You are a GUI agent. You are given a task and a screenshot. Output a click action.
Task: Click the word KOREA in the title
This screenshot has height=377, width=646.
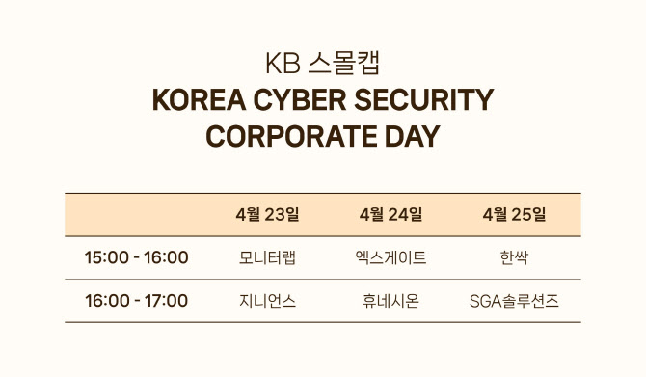point(199,99)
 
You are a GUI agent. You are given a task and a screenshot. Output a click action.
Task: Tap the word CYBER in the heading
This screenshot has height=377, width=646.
point(300,99)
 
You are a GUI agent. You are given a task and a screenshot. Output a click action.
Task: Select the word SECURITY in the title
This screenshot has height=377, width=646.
point(423,99)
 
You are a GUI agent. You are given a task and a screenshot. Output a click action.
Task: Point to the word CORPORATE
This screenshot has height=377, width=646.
point(291,136)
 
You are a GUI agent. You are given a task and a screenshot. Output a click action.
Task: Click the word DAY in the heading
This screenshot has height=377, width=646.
point(413,136)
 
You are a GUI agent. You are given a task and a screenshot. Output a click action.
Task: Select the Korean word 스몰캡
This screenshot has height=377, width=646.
point(343,64)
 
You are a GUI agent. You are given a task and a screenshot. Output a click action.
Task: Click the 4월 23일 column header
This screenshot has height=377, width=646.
point(267,215)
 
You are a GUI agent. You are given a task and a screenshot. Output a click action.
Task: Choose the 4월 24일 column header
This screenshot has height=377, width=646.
point(390,215)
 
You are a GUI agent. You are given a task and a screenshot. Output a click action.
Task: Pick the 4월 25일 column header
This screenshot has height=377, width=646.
point(514,215)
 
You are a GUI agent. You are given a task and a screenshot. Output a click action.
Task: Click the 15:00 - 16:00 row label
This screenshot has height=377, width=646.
point(136,257)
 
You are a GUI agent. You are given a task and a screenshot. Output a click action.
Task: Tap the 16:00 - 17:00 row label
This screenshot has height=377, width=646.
point(136,301)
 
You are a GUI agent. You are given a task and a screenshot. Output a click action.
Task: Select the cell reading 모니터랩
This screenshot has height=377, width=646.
point(267,258)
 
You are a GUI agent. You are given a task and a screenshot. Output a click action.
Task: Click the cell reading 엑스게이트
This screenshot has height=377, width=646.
point(390,258)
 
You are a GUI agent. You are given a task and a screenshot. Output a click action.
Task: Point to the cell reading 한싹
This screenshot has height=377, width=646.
point(514,258)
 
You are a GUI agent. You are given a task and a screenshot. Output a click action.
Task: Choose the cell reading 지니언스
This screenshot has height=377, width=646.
point(267,301)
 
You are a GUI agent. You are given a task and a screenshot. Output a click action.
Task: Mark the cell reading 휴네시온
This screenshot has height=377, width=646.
point(390,301)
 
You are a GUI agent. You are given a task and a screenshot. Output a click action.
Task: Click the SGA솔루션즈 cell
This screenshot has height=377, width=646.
point(514,301)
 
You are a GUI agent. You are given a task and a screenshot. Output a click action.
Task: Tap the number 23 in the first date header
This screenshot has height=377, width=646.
point(275,215)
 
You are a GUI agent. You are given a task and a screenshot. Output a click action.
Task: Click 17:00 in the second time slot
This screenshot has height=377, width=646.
point(167,301)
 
